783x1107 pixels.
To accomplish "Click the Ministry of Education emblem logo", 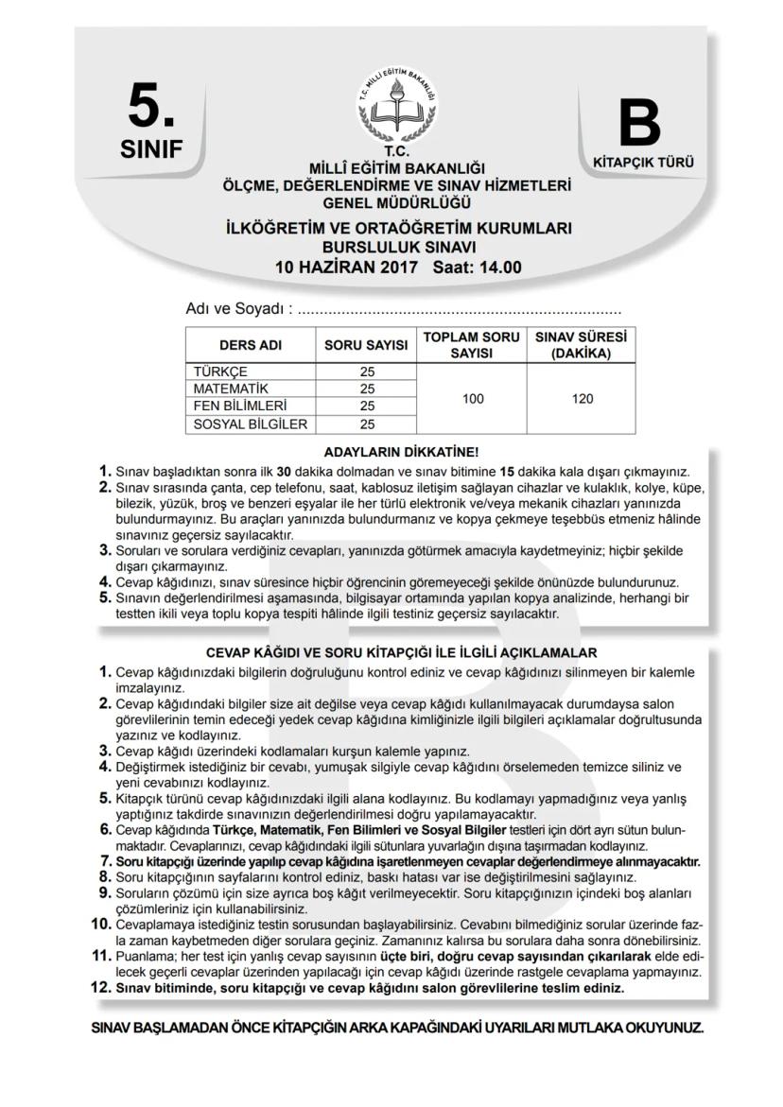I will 397,107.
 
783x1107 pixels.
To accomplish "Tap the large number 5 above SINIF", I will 151,108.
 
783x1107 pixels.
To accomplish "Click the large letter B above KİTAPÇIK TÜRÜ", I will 639,125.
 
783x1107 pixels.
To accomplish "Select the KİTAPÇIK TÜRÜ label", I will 643,163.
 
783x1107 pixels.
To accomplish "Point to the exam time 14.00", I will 500,267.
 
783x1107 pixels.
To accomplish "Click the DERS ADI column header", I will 251,345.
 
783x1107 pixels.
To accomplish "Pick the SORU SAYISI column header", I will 365,345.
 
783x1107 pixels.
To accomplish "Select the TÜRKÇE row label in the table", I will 220,372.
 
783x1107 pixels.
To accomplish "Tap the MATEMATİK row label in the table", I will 232,389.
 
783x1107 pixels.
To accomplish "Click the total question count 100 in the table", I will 473,398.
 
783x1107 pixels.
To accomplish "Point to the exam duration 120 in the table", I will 583,398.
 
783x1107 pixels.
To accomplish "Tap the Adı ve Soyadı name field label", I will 235,309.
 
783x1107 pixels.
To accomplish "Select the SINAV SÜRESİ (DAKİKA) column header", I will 583,345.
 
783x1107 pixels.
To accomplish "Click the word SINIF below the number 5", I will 151,149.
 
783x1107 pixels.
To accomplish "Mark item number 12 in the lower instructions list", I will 101,986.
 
